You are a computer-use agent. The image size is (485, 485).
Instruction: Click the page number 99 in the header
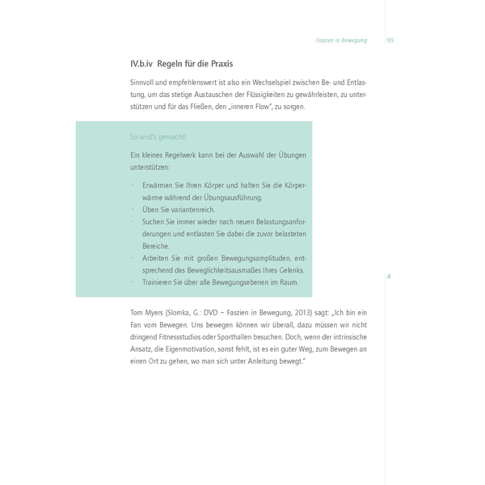click(390, 40)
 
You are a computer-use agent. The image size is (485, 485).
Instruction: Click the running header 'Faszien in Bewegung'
click(340, 40)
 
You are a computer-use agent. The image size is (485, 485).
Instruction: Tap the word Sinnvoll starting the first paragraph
click(145, 82)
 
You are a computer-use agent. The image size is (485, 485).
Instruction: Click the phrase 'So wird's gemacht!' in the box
click(158, 137)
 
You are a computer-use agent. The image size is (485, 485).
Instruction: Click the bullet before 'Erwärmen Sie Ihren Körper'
click(133, 185)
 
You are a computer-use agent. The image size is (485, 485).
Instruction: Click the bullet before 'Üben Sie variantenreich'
click(133, 209)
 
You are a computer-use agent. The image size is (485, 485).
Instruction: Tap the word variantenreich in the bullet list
click(190, 209)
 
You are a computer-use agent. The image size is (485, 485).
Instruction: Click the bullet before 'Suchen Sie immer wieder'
click(133, 221)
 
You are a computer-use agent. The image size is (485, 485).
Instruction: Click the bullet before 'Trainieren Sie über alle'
click(133, 282)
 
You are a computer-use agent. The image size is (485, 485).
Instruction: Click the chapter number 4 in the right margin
click(389, 276)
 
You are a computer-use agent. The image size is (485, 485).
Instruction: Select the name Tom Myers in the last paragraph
click(146, 312)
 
